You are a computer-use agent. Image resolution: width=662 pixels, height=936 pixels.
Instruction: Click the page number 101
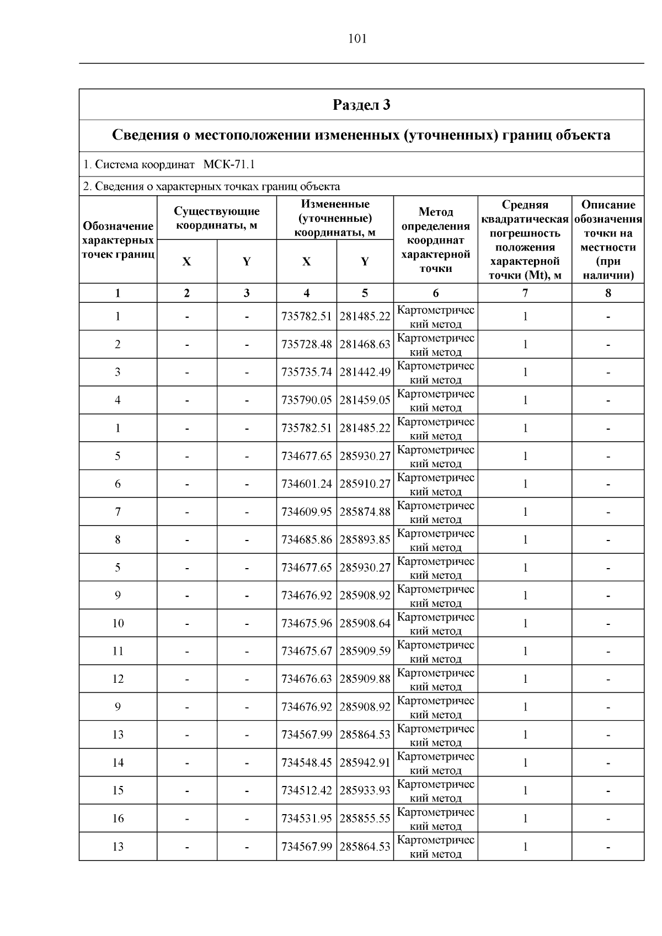click(x=357, y=39)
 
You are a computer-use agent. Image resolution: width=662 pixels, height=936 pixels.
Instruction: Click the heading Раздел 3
click(x=361, y=104)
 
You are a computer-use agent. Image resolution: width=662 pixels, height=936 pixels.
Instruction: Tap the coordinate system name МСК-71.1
click(x=228, y=164)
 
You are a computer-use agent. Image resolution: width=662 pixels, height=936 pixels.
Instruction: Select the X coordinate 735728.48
click(x=307, y=344)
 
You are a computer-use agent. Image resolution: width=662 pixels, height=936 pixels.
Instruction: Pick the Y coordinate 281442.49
click(x=365, y=372)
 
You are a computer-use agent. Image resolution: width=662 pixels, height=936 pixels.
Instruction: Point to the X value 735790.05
click(x=307, y=400)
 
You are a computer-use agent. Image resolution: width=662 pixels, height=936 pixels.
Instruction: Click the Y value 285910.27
click(x=365, y=484)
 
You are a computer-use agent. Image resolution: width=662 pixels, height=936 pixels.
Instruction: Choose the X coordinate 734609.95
click(x=307, y=512)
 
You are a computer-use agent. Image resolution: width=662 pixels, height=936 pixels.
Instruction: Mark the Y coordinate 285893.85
click(x=365, y=539)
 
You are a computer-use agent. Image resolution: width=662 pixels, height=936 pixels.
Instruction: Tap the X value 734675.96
click(x=307, y=623)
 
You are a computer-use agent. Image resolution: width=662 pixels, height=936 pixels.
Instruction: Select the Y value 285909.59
click(x=365, y=651)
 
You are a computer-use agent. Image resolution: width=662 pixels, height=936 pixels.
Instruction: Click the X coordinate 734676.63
click(x=307, y=679)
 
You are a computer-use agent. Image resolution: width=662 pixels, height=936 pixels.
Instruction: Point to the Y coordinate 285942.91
click(x=365, y=763)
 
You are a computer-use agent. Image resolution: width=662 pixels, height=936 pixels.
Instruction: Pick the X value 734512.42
click(x=307, y=790)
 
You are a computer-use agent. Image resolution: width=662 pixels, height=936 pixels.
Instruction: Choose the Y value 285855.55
click(x=365, y=819)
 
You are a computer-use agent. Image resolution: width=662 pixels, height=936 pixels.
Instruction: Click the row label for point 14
click(x=118, y=763)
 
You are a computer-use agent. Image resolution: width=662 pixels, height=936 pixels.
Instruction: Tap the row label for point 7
click(x=118, y=512)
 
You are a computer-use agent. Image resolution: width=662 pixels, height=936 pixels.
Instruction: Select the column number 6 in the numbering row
click(x=436, y=293)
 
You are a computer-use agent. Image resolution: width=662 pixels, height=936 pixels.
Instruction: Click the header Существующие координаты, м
click(x=217, y=218)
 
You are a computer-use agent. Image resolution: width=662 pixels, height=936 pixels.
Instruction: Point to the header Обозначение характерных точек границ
click(x=118, y=240)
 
